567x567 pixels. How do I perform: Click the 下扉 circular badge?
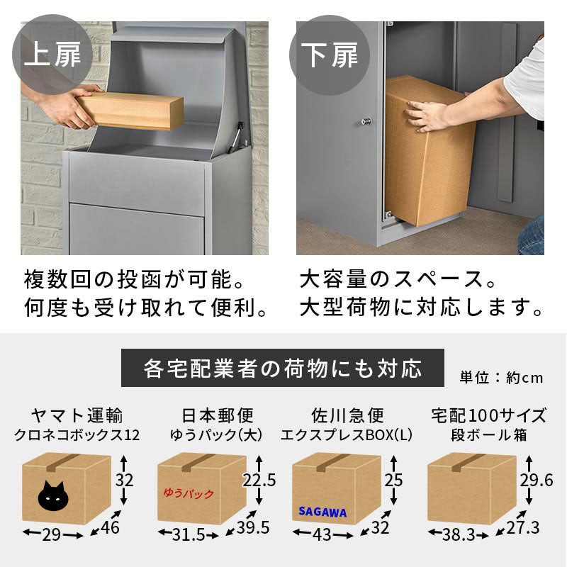[329, 55]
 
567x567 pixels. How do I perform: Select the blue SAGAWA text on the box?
[322, 511]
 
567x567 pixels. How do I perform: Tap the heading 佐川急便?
[347, 415]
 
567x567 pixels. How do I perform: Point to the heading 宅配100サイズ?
[489, 415]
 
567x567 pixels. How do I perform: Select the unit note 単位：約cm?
[501, 378]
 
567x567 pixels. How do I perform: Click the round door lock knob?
[366, 121]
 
